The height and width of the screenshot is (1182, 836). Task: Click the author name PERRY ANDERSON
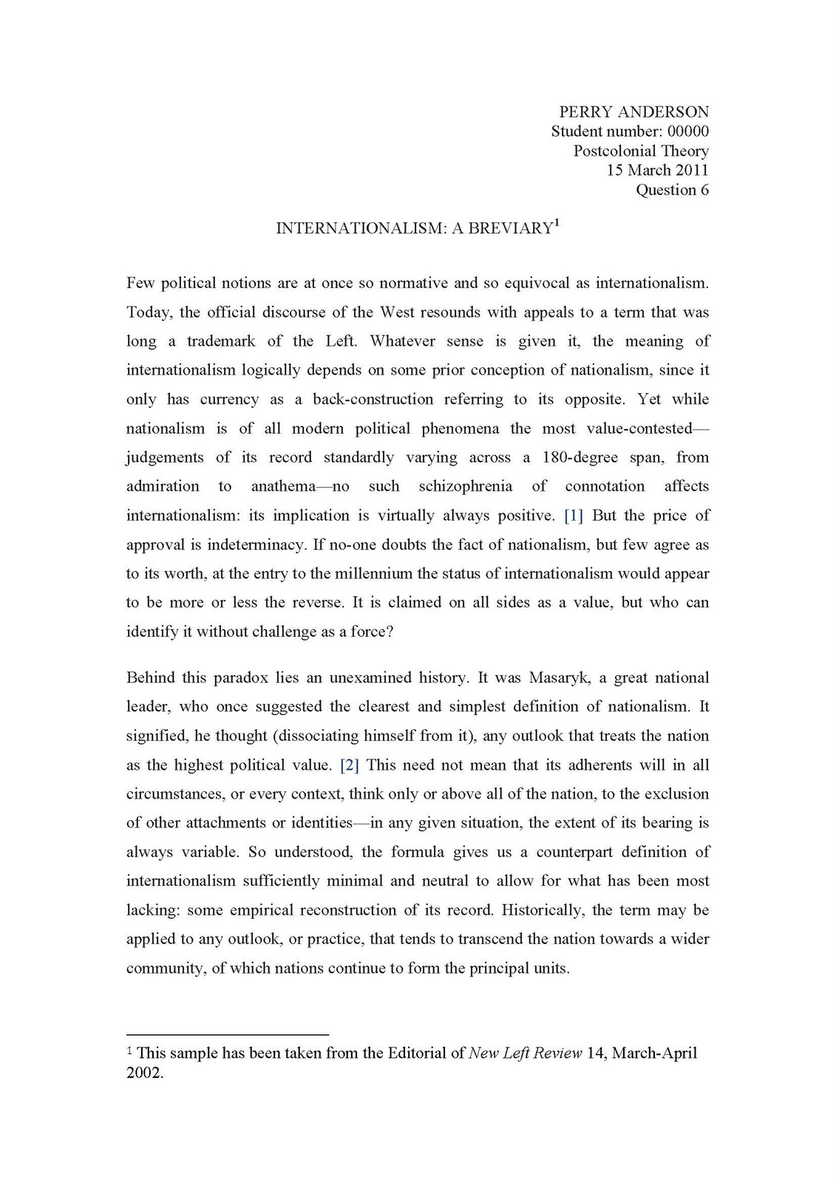tap(633, 112)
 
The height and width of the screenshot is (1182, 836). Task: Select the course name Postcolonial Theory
tap(641, 151)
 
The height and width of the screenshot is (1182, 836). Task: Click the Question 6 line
tap(672, 190)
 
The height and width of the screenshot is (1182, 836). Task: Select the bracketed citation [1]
tap(574, 516)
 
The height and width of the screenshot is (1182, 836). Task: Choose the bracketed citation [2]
tap(350, 765)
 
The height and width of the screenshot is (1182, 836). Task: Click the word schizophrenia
tap(465, 487)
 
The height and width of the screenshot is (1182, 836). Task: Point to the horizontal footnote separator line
tap(227, 1034)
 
